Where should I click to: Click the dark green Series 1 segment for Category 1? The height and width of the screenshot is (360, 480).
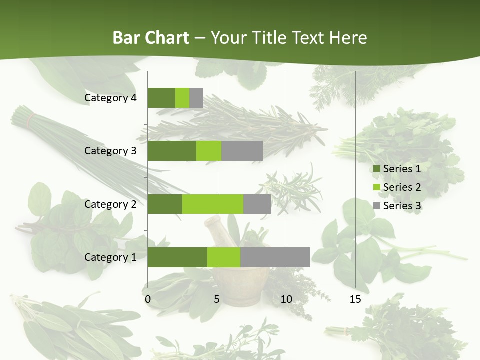[177, 257]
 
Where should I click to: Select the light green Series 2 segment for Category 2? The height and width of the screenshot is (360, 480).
[212, 204]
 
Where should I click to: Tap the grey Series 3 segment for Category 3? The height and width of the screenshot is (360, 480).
[242, 151]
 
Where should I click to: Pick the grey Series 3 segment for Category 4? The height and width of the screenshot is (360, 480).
[196, 98]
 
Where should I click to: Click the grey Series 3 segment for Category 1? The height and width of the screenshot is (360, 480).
[275, 257]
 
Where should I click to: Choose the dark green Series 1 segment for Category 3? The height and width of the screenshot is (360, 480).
[171, 151]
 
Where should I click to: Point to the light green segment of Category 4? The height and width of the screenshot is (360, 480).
[182, 98]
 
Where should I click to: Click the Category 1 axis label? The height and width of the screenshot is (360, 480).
[110, 257]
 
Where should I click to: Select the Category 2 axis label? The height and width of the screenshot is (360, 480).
[110, 204]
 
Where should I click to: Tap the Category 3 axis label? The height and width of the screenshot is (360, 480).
[110, 151]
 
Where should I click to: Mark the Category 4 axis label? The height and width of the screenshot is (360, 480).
[110, 98]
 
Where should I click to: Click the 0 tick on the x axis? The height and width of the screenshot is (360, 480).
[148, 299]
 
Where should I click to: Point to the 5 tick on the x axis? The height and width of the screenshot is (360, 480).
[217, 299]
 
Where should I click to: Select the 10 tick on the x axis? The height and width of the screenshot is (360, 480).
[286, 299]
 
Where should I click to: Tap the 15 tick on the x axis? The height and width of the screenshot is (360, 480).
[355, 299]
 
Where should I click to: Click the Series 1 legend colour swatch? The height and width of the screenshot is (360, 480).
[376, 169]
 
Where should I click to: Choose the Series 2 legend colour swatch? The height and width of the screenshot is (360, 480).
[376, 187]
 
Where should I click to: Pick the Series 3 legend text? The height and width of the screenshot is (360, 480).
[402, 206]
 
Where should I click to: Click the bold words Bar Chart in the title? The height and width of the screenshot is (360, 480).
[150, 38]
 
